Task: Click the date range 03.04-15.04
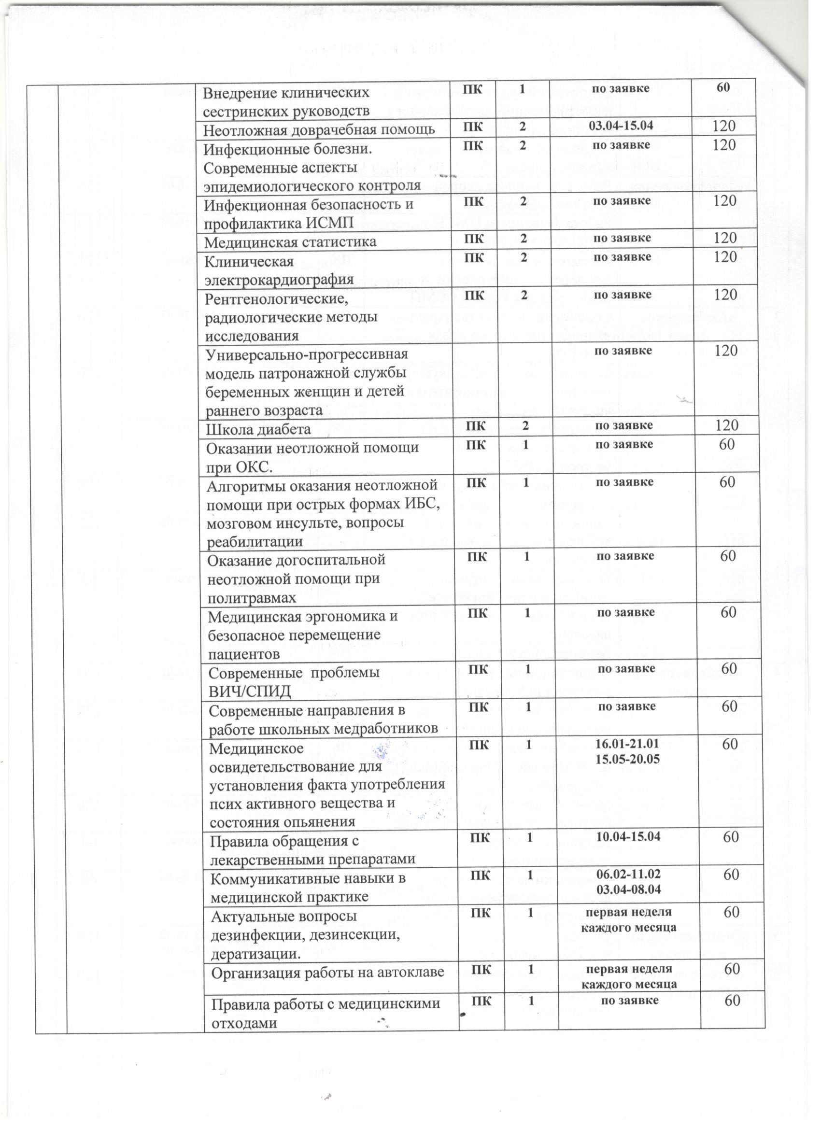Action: [621, 125]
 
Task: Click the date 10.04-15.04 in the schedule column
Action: [628, 836]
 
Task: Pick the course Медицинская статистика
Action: [290, 242]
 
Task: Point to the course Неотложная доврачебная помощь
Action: [319, 128]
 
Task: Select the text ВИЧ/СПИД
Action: [249, 692]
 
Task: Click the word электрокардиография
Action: [279, 279]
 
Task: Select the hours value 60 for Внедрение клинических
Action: [723, 87]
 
